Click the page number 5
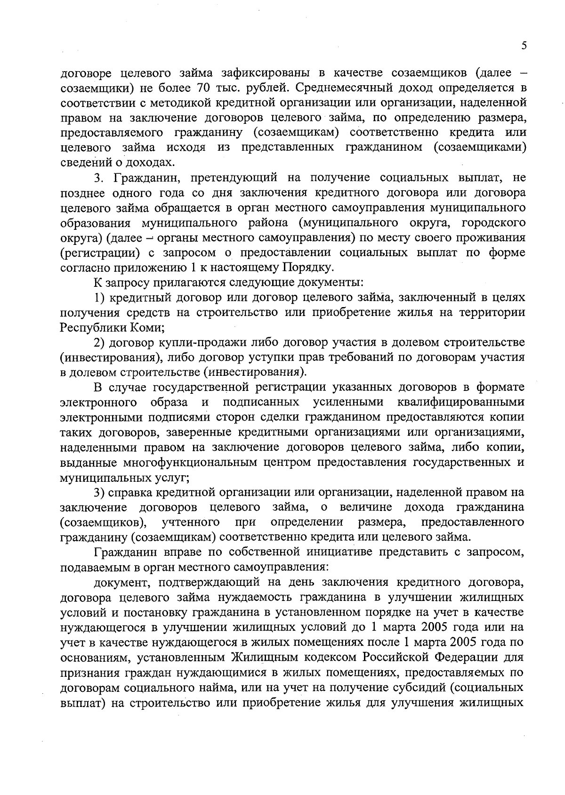point(524,46)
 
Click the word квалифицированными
point(460,403)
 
